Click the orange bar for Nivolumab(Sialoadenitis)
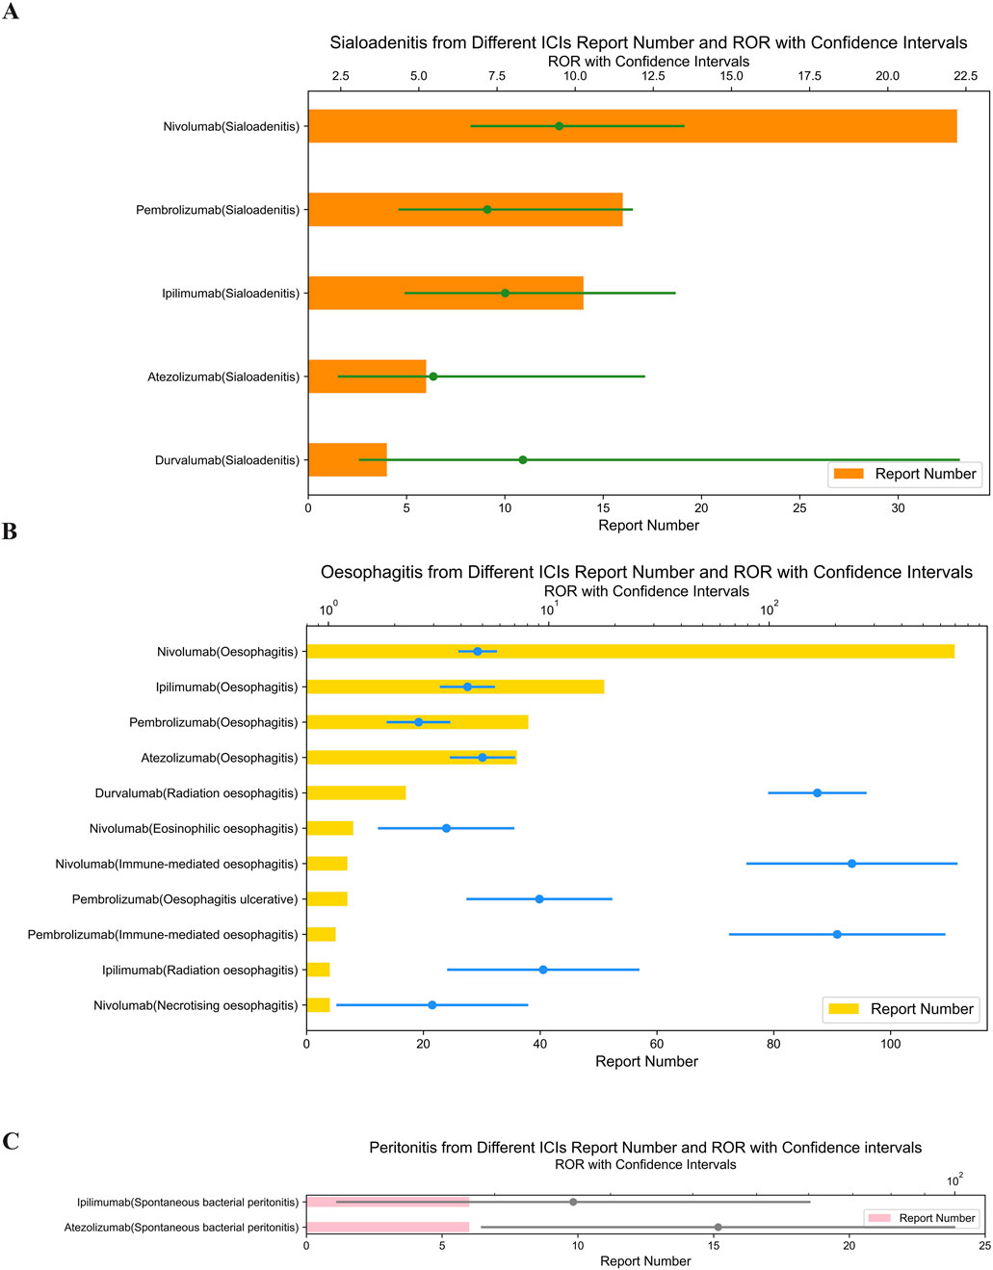coord(632,126)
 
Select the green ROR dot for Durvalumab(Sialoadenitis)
coord(523,460)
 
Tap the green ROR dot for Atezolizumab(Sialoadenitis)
coord(433,376)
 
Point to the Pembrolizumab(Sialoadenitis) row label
coord(218,210)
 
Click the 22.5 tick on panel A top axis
coord(965,76)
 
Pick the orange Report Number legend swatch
coord(849,474)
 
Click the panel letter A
coord(11,13)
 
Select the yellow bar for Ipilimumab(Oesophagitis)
coord(455,687)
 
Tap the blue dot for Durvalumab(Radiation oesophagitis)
coord(818,793)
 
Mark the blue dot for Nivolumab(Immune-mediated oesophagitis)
coord(851,864)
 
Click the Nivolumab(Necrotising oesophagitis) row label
coord(196,1005)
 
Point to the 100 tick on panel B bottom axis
coord(891,1044)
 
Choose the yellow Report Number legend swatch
coord(845,1009)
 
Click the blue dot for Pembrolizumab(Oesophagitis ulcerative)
coord(539,899)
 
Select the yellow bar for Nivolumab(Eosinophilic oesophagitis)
coord(329,828)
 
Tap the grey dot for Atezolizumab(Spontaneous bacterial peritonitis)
coord(718,1228)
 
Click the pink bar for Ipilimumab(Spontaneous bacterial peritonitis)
coord(387,1202)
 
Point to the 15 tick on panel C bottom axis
coord(714,1245)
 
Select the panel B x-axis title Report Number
coord(646,1061)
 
